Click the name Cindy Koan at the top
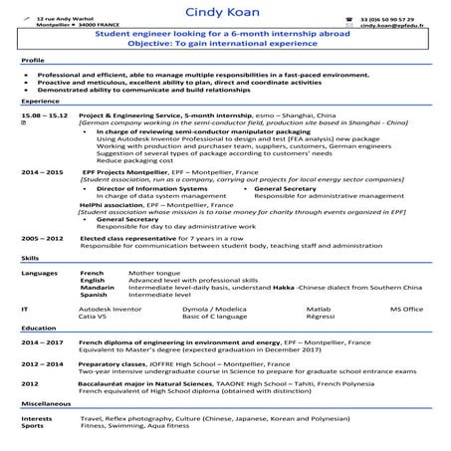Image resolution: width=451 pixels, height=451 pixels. coord(223,11)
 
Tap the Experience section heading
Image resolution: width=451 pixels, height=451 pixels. coord(39,101)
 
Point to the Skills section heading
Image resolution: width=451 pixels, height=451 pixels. coord(30,257)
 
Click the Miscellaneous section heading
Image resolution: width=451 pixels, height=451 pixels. coord(45,404)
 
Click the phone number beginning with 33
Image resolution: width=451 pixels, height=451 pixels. coord(389,19)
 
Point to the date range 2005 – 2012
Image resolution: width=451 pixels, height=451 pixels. coord(43,239)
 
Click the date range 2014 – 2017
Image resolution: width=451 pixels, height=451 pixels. coord(43,341)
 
